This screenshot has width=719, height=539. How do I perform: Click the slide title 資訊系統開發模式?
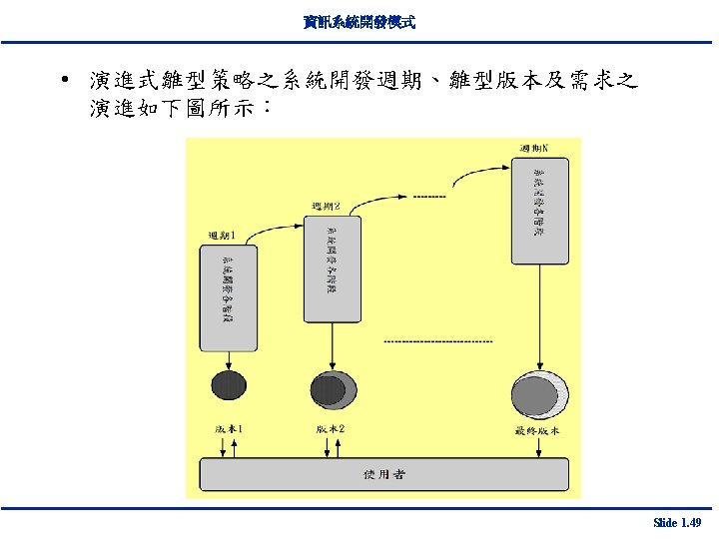pos(359,20)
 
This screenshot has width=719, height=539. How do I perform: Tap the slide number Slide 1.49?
pos(675,522)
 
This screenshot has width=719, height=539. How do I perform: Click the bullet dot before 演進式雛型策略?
pos(63,79)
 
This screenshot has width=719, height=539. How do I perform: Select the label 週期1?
pos(221,236)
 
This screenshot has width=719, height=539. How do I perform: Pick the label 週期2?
pos(326,207)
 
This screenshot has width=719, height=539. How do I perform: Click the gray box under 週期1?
pos(228,294)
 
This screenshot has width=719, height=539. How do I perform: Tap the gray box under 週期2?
pos(332,267)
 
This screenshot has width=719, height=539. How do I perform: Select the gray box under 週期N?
pos(540,211)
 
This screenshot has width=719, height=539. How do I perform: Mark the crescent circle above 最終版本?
pos(539,393)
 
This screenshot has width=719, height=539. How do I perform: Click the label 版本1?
pos(229,429)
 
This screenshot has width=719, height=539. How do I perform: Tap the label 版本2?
pos(331,429)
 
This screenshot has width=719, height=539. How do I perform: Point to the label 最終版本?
pos(537,431)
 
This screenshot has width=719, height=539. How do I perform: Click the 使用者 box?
pos(383,474)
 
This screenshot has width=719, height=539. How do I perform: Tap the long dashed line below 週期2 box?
pos(438,341)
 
